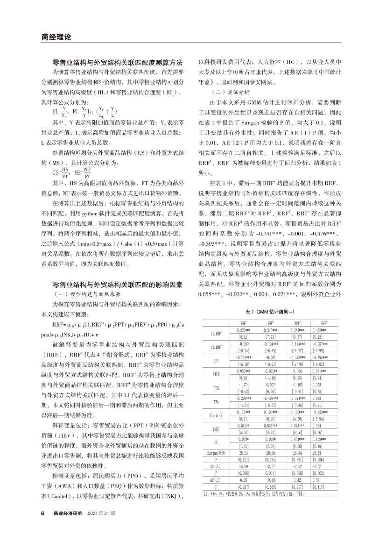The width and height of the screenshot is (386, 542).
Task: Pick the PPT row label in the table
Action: (216, 361)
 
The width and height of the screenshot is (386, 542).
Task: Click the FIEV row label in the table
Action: (216, 374)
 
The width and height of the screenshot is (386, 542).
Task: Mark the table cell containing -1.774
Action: (243, 385)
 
